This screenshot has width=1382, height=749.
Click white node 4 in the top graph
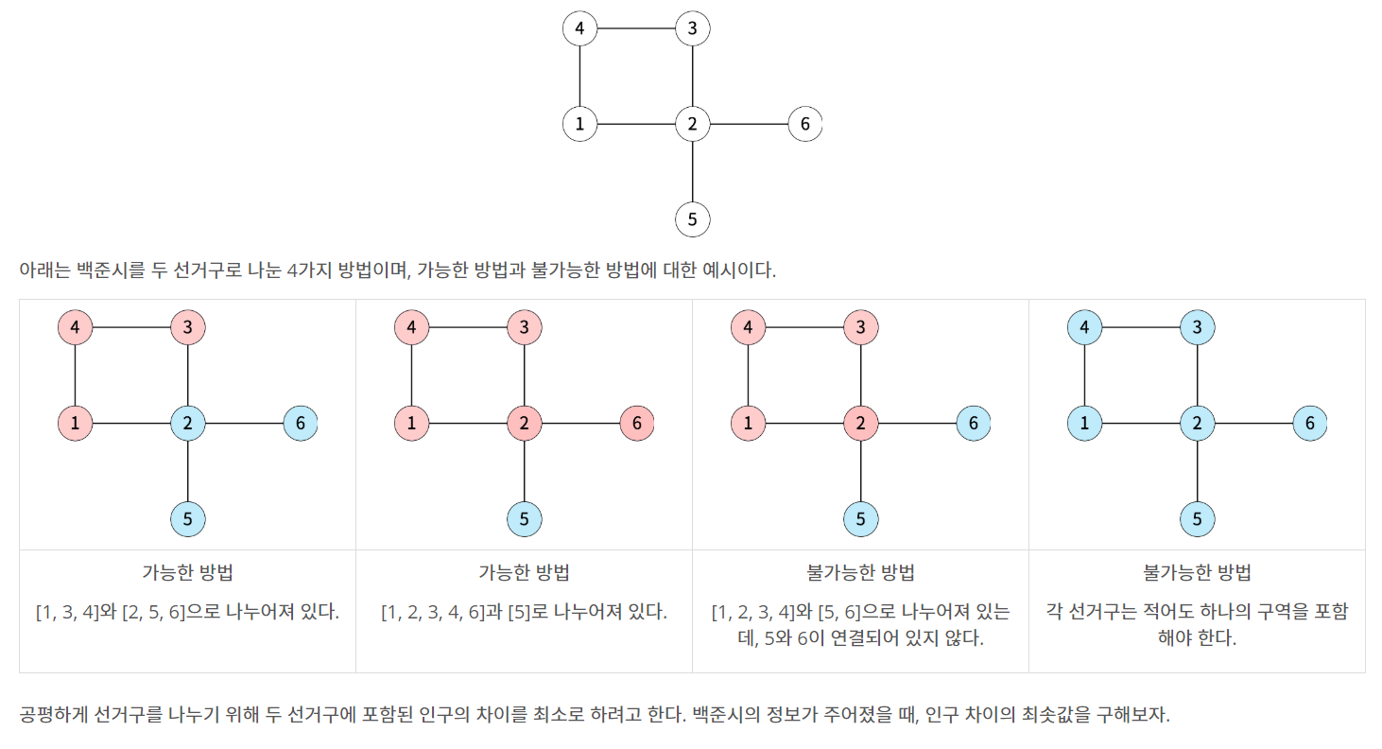click(579, 29)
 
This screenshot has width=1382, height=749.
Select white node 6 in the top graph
click(804, 124)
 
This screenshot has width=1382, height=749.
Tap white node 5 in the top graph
click(693, 219)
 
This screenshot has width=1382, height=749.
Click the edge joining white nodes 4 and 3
click(636, 29)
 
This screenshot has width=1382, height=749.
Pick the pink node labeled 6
click(637, 423)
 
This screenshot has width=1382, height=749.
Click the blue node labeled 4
click(1084, 328)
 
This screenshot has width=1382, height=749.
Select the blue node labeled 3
click(1198, 328)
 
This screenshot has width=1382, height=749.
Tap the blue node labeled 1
click(1084, 423)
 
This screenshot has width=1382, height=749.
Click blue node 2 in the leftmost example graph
click(188, 423)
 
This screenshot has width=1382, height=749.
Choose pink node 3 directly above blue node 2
click(188, 328)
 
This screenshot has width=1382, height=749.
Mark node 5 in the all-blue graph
click(1198, 518)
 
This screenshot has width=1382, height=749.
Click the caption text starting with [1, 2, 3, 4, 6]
click(524, 611)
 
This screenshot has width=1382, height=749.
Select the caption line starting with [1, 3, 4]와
click(187, 611)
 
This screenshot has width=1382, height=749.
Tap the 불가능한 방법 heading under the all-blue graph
click(1197, 573)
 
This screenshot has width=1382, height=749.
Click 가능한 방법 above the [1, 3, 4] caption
click(187, 573)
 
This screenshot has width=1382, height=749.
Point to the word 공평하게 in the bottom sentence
click(48, 714)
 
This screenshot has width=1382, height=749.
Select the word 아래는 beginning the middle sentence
click(40, 270)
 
